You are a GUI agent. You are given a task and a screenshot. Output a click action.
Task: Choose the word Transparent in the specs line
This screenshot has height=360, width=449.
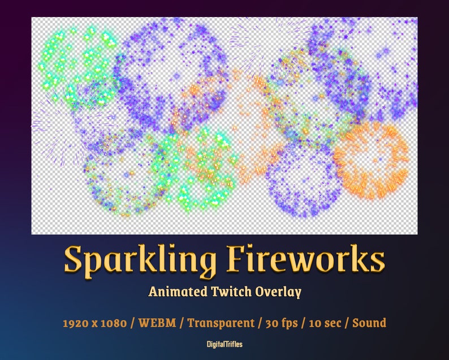point(221,323)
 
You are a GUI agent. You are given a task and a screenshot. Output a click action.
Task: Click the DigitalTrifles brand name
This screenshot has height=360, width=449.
point(225,344)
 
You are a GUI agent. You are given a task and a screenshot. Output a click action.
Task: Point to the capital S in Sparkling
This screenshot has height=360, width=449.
point(74,260)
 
